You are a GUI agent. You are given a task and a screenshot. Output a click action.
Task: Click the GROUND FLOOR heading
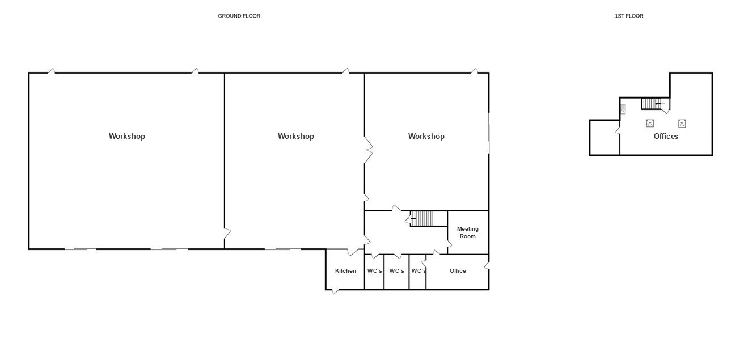pyautogui.click(x=239, y=16)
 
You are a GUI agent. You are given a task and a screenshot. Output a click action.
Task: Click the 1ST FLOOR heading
pyautogui.click(x=629, y=16)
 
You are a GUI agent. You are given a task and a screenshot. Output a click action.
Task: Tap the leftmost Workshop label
pyautogui.click(x=127, y=137)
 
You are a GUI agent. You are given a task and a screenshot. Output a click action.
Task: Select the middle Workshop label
pyautogui.click(x=295, y=137)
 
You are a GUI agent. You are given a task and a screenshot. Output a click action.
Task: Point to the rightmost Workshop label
pyautogui.click(x=426, y=137)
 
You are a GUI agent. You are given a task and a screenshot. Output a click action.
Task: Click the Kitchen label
pyautogui.click(x=345, y=271)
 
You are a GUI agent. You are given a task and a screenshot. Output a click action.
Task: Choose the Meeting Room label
pyautogui.click(x=467, y=232)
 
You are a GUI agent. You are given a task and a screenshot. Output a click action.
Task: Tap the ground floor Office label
pyautogui.click(x=458, y=271)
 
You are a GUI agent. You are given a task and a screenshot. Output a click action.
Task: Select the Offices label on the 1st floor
pyautogui.click(x=666, y=137)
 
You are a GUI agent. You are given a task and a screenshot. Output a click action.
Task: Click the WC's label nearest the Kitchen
pyautogui.click(x=375, y=271)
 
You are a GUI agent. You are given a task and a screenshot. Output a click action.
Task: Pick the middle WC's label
pyautogui.click(x=396, y=271)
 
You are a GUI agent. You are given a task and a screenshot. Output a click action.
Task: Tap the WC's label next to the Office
pyautogui.click(x=418, y=271)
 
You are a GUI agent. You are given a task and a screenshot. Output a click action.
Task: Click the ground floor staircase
pyautogui.click(x=421, y=219)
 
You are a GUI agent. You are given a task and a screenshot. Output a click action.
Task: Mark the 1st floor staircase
pyautogui.click(x=651, y=104)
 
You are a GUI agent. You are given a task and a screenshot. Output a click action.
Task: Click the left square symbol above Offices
pyautogui.click(x=650, y=124)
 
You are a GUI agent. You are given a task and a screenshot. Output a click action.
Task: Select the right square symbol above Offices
pyautogui.click(x=682, y=124)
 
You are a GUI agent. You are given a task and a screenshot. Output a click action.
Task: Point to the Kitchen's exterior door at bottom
pyautogui.click(x=335, y=291)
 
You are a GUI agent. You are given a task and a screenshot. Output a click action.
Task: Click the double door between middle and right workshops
pyautogui.click(x=369, y=150)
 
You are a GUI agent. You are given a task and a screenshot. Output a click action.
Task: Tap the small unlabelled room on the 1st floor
pyautogui.click(x=604, y=137)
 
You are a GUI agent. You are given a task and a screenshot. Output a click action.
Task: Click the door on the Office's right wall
pyautogui.click(x=487, y=265)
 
